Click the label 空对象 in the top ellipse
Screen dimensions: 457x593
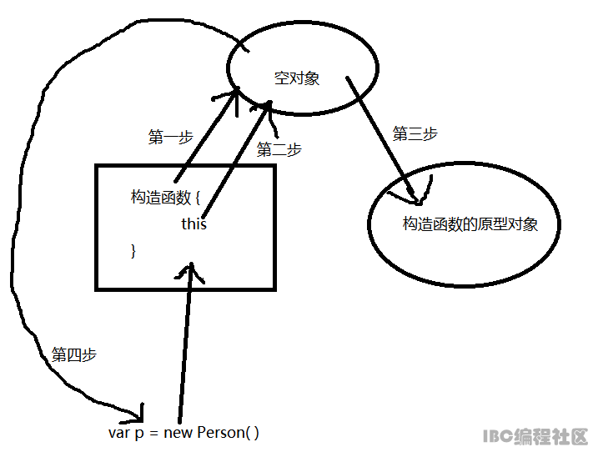[297, 79]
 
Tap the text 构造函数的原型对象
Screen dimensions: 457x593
[470, 224]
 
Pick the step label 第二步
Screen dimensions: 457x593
[279, 150]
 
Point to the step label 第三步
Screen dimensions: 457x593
[415, 134]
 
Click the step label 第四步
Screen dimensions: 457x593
[74, 354]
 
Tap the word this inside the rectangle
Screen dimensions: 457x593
[193, 224]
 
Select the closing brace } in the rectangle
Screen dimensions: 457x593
[133, 250]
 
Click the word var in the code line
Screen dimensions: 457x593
[118, 433]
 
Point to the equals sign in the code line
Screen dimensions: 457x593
[154, 433]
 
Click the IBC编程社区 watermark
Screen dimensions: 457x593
[535, 436]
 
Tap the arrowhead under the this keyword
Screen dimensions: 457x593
[191, 269]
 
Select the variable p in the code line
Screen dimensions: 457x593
[138, 434]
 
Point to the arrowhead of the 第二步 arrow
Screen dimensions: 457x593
[269, 104]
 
